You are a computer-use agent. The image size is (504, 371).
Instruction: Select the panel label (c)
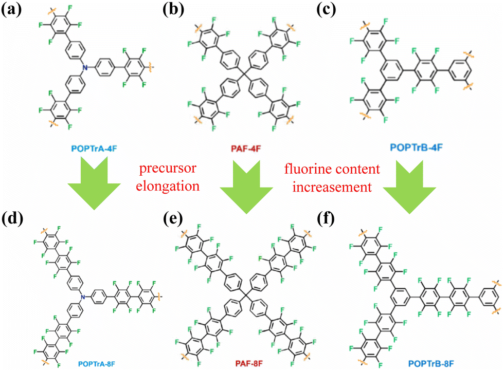[335, 11]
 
